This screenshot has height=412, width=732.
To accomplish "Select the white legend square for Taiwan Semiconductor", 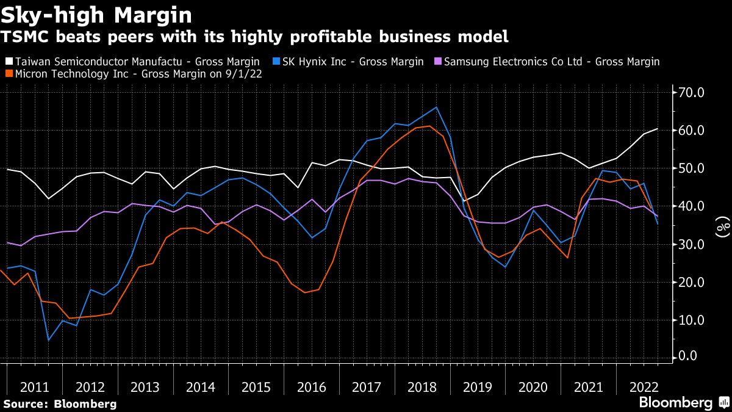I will [x=9, y=62].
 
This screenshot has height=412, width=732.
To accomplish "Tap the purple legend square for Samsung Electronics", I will [x=438, y=62].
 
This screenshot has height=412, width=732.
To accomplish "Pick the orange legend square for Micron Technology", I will [x=9, y=74].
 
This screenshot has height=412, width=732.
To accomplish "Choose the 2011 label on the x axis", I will [x=35, y=387].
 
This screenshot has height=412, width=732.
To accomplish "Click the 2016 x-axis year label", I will [x=311, y=387].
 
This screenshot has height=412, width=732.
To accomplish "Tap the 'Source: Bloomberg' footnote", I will [x=60, y=403].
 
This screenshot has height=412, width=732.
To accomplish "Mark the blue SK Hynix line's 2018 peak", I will [x=436, y=107].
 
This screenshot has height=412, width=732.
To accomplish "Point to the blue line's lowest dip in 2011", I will [x=48, y=340].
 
